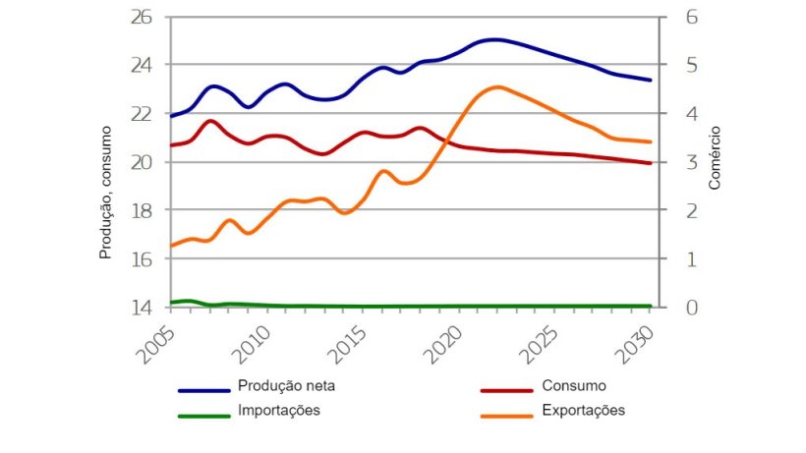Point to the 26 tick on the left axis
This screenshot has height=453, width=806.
point(142,17)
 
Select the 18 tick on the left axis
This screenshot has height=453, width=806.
point(142,210)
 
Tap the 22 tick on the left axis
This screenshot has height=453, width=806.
point(142,114)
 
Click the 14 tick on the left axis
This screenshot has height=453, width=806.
point(142,308)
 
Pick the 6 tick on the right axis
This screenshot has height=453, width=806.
point(676,17)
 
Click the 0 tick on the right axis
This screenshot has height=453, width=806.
point(676,308)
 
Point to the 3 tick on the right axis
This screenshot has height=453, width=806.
point(676,162)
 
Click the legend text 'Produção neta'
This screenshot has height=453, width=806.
point(286,385)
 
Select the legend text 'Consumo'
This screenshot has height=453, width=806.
point(573,385)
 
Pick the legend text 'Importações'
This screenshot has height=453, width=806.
point(279,411)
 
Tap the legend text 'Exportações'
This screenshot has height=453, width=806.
point(582,411)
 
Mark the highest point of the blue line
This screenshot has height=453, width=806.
point(494,40)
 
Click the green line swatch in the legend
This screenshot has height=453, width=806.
point(203,416)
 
